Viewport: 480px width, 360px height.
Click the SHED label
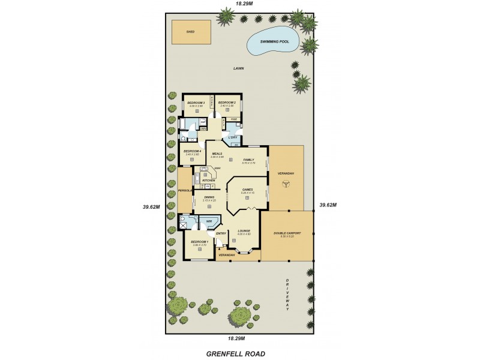(x=190, y=31)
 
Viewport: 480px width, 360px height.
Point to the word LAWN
(x=239, y=69)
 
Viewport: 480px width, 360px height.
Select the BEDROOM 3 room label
(x=196, y=103)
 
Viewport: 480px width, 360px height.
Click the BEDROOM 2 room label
(x=226, y=103)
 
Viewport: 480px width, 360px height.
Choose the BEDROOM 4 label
(x=192, y=151)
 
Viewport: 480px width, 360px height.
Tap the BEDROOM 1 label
(x=199, y=242)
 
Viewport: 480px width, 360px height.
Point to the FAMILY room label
(x=248, y=160)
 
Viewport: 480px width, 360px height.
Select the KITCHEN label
(x=208, y=180)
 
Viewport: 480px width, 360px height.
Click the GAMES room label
(x=247, y=190)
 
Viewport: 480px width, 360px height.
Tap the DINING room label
(x=209, y=197)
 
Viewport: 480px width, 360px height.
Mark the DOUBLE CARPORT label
(x=287, y=233)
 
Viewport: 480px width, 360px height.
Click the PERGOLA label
(x=184, y=191)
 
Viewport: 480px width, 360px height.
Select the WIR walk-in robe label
(x=209, y=222)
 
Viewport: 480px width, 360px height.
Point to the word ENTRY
(x=221, y=233)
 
